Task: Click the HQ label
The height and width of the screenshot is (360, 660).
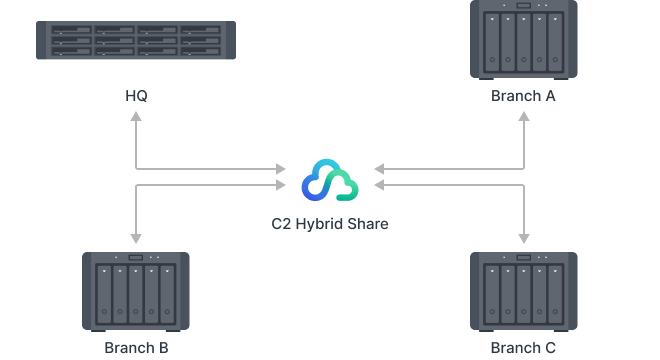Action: coord(136,96)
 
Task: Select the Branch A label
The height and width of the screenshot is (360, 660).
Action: coord(522,96)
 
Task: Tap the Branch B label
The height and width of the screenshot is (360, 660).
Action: coord(135,348)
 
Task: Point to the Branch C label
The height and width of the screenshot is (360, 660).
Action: coord(522,348)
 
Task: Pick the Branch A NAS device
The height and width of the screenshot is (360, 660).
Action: coord(523,42)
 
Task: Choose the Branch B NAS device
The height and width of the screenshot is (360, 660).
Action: coord(136,291)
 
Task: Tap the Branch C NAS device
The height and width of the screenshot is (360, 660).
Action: coord(523,291)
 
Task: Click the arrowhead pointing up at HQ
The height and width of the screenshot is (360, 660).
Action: coord(136,117)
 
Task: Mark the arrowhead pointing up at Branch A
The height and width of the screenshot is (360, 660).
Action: coord(523,117)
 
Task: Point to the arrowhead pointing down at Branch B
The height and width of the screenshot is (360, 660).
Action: coord(136,238)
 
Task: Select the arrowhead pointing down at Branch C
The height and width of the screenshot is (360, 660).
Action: coord(523,238)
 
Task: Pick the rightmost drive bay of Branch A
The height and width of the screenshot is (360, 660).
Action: coord(555,46)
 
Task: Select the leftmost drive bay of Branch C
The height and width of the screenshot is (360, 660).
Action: coord(491,294)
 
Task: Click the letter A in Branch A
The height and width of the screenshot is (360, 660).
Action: coord(550,96)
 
